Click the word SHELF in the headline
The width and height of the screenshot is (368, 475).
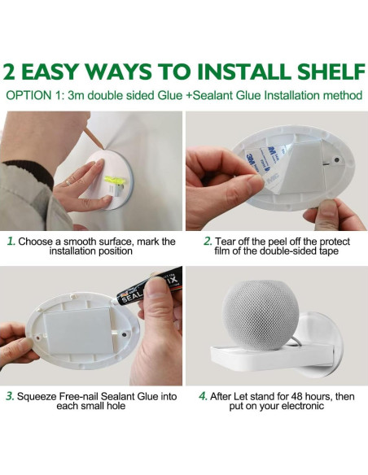[331, 72]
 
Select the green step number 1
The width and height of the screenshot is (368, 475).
[11, 242]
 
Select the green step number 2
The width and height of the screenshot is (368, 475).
[208, 242]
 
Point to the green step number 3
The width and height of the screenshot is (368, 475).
[10, 396]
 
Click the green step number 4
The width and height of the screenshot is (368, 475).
[203, 396]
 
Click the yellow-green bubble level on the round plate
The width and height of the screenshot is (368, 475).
[113, 181]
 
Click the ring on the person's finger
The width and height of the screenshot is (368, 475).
[68, 182]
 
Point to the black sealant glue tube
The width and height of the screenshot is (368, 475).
[149, 286]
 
